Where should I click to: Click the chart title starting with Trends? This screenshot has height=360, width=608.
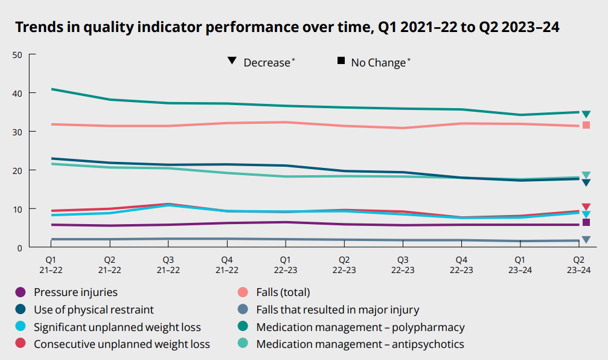click(287, 27)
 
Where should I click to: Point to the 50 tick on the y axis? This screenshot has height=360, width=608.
click(17, 55)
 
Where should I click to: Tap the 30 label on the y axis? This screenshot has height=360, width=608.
click(17, 132)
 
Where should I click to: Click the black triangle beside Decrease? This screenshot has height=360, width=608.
click(232, 62)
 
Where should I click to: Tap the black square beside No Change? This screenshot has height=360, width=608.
click(341, 61)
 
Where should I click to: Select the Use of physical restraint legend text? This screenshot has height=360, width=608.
click(94, 310)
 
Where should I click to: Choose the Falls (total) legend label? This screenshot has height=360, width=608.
click(283, 292)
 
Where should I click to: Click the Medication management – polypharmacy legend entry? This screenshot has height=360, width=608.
click(360, 327)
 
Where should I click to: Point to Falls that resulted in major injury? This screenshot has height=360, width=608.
click(337, 310)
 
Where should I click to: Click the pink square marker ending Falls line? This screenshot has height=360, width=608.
click(586, 125)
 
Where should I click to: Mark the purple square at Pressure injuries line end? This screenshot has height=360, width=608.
click(586, 222)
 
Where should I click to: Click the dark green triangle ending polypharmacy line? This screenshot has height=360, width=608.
click(586, 114)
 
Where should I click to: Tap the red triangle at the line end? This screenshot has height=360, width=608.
click(586, 207)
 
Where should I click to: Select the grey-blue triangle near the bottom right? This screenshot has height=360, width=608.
click(586, 240)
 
